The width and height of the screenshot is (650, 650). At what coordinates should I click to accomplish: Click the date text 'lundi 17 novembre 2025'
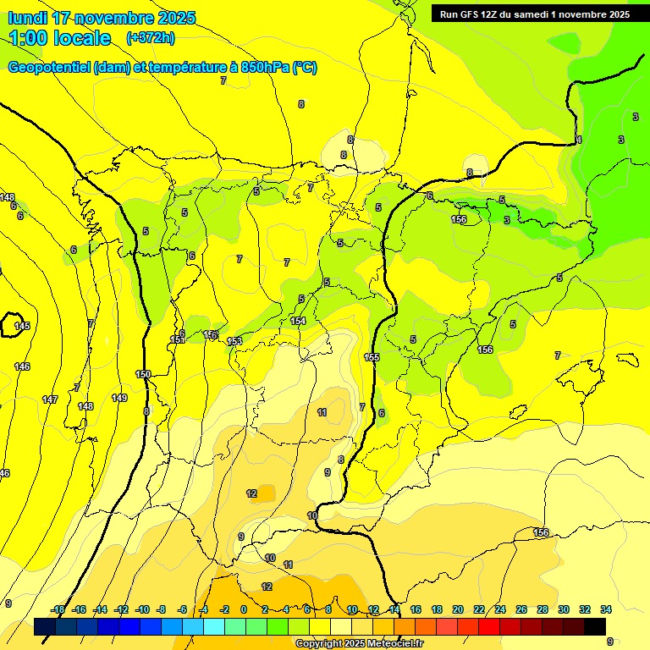[x=102, y=18]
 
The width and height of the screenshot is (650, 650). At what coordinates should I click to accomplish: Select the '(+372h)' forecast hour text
[x=150, y=38]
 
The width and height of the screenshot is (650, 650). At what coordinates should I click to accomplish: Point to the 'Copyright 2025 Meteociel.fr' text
[x=359, y=643]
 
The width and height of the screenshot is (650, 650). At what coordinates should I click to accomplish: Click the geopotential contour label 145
[x=22, y=326]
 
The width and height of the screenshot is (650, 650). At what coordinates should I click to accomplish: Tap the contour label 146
[x=22, y=366]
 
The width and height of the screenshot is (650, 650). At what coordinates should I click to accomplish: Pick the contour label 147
[x=50, y=399]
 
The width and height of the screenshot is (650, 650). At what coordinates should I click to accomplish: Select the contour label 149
[x=119, y=398]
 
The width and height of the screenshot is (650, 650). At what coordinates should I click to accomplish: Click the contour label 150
[x=143, y=374]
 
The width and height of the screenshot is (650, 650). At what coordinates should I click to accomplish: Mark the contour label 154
[x=298, y=321]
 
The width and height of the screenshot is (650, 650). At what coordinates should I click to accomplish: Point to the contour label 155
[x=372, y=357]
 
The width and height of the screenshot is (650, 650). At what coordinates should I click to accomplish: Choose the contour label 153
[x=234, y=341]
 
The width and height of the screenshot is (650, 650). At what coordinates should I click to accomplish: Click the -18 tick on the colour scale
[x=58, y=609]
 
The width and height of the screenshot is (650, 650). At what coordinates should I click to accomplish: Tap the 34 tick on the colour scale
[x=606, y=609]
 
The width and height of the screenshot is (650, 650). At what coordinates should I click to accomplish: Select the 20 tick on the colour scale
[x=459, y=609]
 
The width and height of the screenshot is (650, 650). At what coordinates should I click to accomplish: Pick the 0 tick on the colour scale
[x=244, y=609]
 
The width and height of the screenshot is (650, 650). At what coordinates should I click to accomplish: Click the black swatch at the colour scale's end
[x=595, y=626]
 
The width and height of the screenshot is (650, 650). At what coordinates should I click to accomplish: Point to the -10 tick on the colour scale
[x=141, y=609]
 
